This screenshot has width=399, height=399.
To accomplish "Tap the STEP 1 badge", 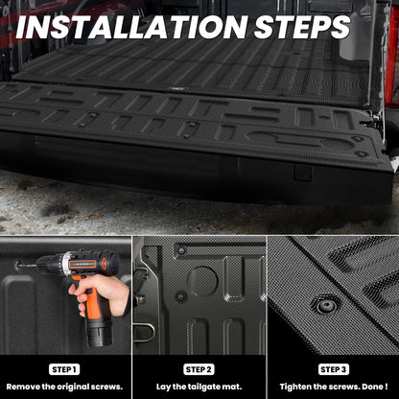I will pos(65,368).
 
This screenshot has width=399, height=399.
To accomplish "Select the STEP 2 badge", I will pos(199,368).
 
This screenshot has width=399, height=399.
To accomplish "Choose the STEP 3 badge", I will pos(333,368).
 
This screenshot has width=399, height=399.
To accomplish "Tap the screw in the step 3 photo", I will pos(327,306).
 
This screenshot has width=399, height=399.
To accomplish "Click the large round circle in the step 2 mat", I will pos(202,280).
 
